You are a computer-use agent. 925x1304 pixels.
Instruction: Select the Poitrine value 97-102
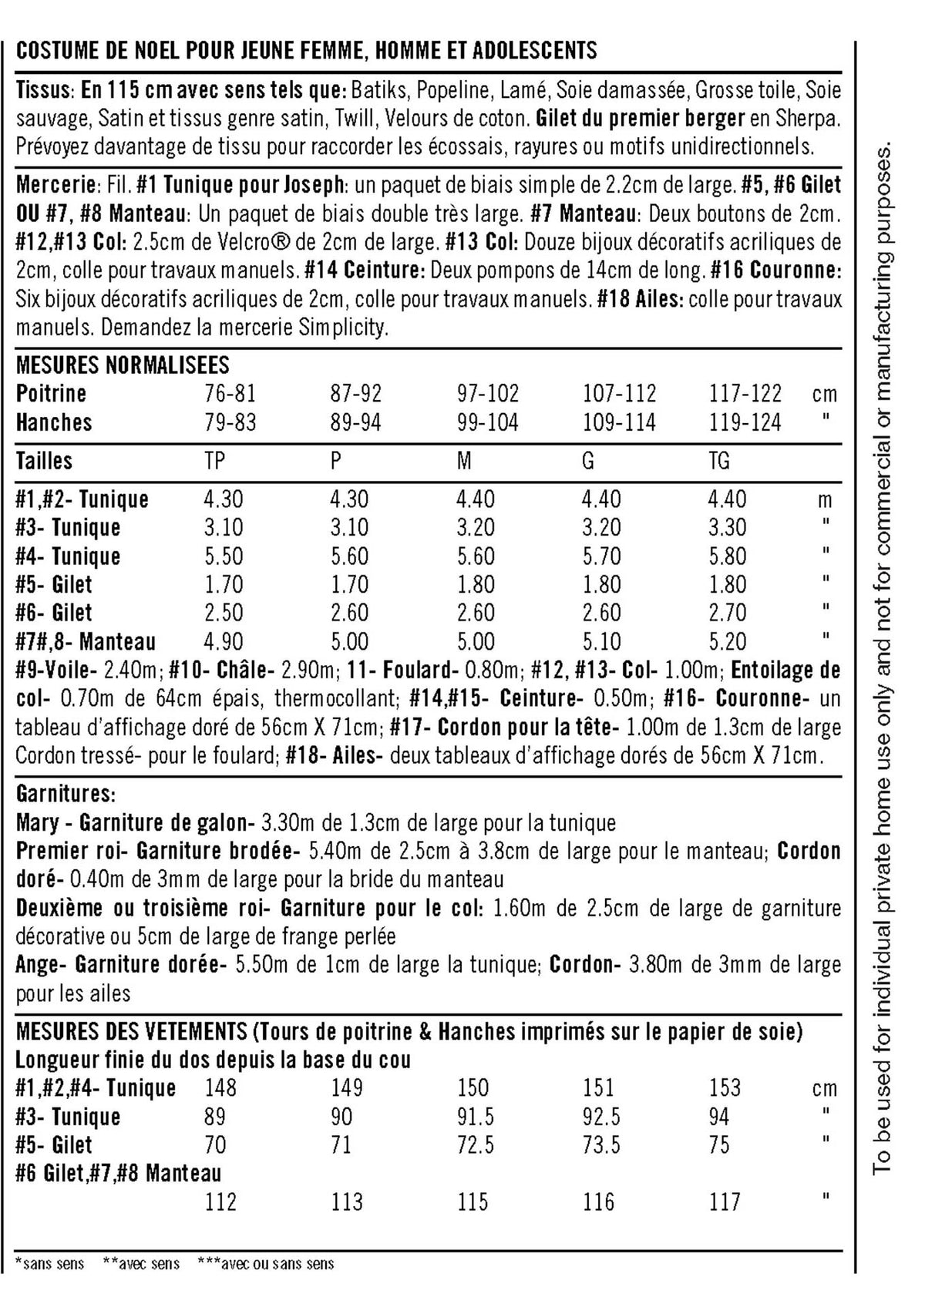coord(487,394)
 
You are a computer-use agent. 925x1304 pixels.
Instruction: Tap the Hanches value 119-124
coord(745,422)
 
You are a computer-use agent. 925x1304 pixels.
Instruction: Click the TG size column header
coord(718,461)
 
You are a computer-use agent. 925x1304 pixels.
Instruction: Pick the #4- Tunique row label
coord(69,556)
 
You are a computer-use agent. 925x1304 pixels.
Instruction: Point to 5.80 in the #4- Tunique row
coord(727,556)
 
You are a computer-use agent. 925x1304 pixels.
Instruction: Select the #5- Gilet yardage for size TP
coord(223,585)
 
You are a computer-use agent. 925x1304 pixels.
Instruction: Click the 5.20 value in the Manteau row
coord(727,642)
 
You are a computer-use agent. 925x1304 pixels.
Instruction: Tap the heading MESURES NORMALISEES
coord(123,365)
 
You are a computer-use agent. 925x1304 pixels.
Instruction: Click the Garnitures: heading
coord(66,794)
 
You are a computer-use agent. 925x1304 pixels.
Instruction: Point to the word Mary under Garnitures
coord(37,823)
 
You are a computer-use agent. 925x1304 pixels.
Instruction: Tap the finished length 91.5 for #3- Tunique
coord(475,1117)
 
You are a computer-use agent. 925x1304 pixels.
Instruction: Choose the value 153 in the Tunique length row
coord(725,1088)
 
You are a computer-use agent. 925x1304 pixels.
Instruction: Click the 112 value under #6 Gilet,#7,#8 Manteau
coord(220,1202)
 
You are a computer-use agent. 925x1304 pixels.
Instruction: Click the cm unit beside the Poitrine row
coord(825,395)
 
